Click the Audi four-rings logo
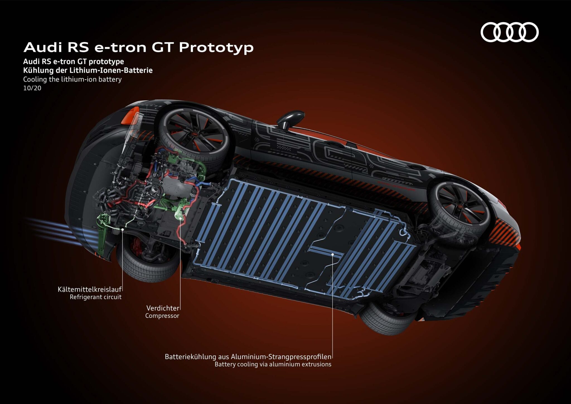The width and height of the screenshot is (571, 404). tap(509, 32)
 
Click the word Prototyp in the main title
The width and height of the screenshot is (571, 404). tap(216, 47)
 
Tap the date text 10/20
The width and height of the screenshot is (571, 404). tap(32, 88)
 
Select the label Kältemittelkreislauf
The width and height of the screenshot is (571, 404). tap(89, 289)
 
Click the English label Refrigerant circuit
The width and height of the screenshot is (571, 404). tap(95, 297)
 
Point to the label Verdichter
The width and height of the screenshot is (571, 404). tap(163, 308)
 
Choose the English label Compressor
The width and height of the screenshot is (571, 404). tap(162, 316)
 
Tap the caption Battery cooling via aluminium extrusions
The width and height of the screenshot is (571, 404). tap(273, 364)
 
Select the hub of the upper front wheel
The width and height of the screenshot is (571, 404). tap(195, 134)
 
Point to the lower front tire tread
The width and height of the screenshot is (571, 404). tap(145, 268)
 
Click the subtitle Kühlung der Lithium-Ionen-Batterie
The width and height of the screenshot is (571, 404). tap(88, 70)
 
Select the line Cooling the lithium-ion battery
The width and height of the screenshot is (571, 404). tap(72, 80)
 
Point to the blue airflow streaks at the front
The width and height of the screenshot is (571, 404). tap(53, 227)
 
